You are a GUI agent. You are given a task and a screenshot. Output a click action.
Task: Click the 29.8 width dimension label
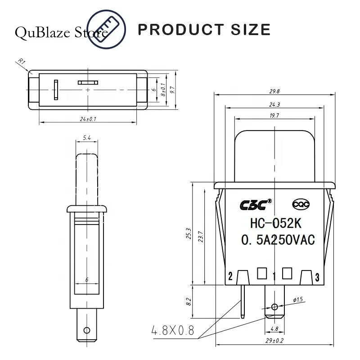(274, 91)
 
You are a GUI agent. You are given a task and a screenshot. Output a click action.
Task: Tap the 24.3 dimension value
(274, 105)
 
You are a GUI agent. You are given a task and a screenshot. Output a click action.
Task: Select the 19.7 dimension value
(274, 116)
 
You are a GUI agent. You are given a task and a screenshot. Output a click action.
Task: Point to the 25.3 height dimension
(189, 233)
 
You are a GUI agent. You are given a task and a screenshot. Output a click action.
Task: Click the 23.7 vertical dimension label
(201, 237)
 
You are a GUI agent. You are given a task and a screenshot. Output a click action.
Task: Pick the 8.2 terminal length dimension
(189, 301)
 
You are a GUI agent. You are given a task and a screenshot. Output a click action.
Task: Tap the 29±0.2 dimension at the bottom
(274, 341)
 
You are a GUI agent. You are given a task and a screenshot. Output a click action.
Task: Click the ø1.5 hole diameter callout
(298, 300)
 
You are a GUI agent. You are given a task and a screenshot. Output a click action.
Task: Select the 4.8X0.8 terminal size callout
(173, 330)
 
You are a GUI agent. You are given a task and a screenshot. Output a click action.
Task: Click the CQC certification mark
(301, 204)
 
